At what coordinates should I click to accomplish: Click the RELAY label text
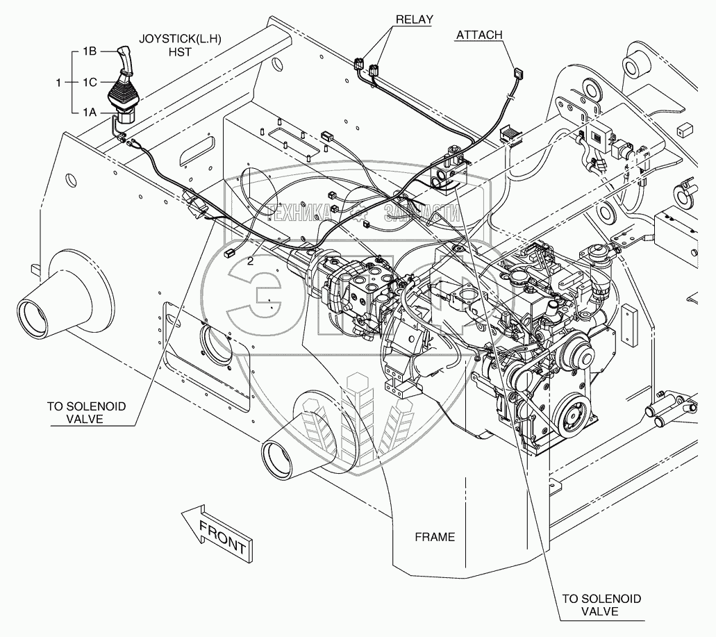pyautogui.click(x=413, y=19)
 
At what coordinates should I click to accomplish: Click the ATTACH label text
pyautogui.click(x=479, y=34)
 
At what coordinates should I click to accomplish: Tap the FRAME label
pyautogui.click(x=435, y=536)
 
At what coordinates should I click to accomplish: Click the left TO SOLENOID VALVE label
pyautogui.click(x=87, y=412)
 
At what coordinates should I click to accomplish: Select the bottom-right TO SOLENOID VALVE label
pyautogui.click(x=601, y=604)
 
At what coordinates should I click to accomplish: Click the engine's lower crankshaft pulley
pyautogui.click(x=573, y=417)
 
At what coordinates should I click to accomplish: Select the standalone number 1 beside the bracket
pyautogui.click(x=59, y=82)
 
